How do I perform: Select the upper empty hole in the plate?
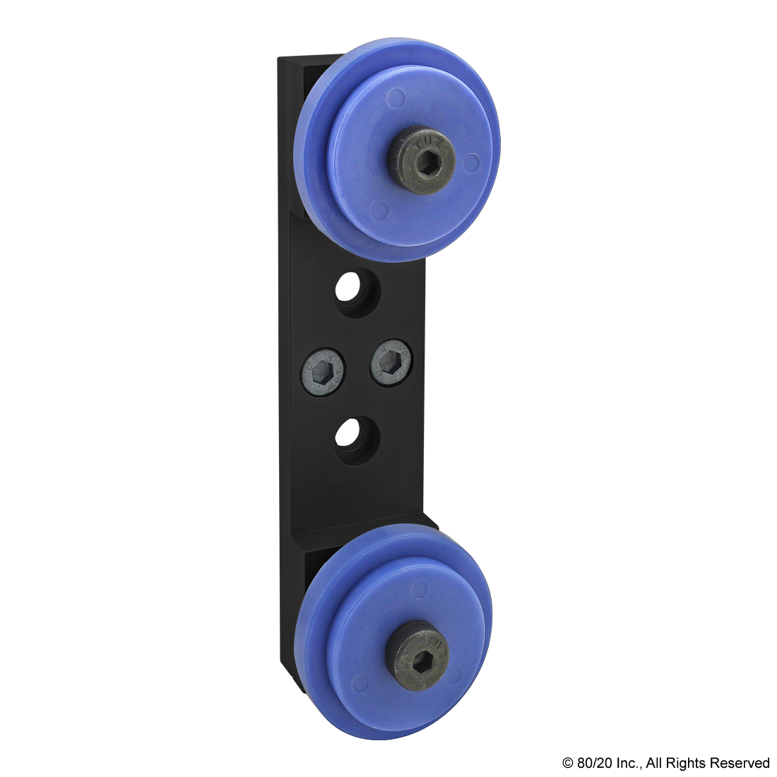(357, 292)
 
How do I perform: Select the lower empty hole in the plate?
(357, 439)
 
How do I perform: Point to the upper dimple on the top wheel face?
(397, 96)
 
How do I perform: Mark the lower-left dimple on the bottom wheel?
(360, 682)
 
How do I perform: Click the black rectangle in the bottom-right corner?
(665, 764)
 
